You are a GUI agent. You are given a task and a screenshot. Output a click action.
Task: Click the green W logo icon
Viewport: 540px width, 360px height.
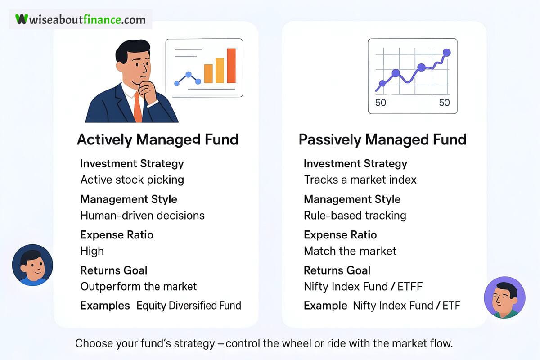(x=22, y=19)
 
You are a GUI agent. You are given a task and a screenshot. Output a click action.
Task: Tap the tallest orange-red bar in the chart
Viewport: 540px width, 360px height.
(x=231, y=66)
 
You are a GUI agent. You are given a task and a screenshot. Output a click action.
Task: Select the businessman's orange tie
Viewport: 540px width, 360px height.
(x=137, y=107)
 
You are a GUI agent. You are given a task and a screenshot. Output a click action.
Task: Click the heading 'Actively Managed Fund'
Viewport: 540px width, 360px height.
(x=157, y=139)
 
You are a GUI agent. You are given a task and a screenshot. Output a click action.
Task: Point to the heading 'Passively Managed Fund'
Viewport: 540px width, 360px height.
(x=382, y=139)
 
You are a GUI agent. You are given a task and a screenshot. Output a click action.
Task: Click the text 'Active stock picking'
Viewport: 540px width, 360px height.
(x=132, y=180)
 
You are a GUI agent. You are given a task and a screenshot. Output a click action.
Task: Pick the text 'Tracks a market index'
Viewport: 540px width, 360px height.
(x=360, y=180)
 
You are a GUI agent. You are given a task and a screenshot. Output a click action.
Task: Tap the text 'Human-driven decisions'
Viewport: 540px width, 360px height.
(x=143, y=215)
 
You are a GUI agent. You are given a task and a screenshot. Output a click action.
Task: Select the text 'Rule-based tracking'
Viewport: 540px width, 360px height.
(x=355, y=216)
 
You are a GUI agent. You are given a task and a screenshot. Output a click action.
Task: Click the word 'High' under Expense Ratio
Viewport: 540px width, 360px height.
(x=92, y=251)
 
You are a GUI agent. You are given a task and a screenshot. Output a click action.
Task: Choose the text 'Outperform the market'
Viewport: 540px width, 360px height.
(x=139, y=287)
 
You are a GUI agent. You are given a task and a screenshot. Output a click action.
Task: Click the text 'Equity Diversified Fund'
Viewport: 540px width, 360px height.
(x=189, y=306)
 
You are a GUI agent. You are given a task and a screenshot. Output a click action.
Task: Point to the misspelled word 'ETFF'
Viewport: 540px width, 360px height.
(x=410, y=287)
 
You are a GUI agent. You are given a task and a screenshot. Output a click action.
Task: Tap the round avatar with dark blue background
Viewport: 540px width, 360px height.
(x=32, y=265)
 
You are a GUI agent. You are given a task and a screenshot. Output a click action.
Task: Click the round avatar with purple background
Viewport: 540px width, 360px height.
(x=504, y=297)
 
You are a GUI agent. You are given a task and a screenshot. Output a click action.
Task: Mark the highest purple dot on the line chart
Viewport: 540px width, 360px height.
(x=447, y=52)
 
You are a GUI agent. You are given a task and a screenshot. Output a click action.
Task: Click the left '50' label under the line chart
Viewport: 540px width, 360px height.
(x=381, y=103)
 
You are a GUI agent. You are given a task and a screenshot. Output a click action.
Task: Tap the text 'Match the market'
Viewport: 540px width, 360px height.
(x=350, y=251)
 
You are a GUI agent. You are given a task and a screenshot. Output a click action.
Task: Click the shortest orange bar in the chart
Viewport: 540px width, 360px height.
(x=208, y=73)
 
